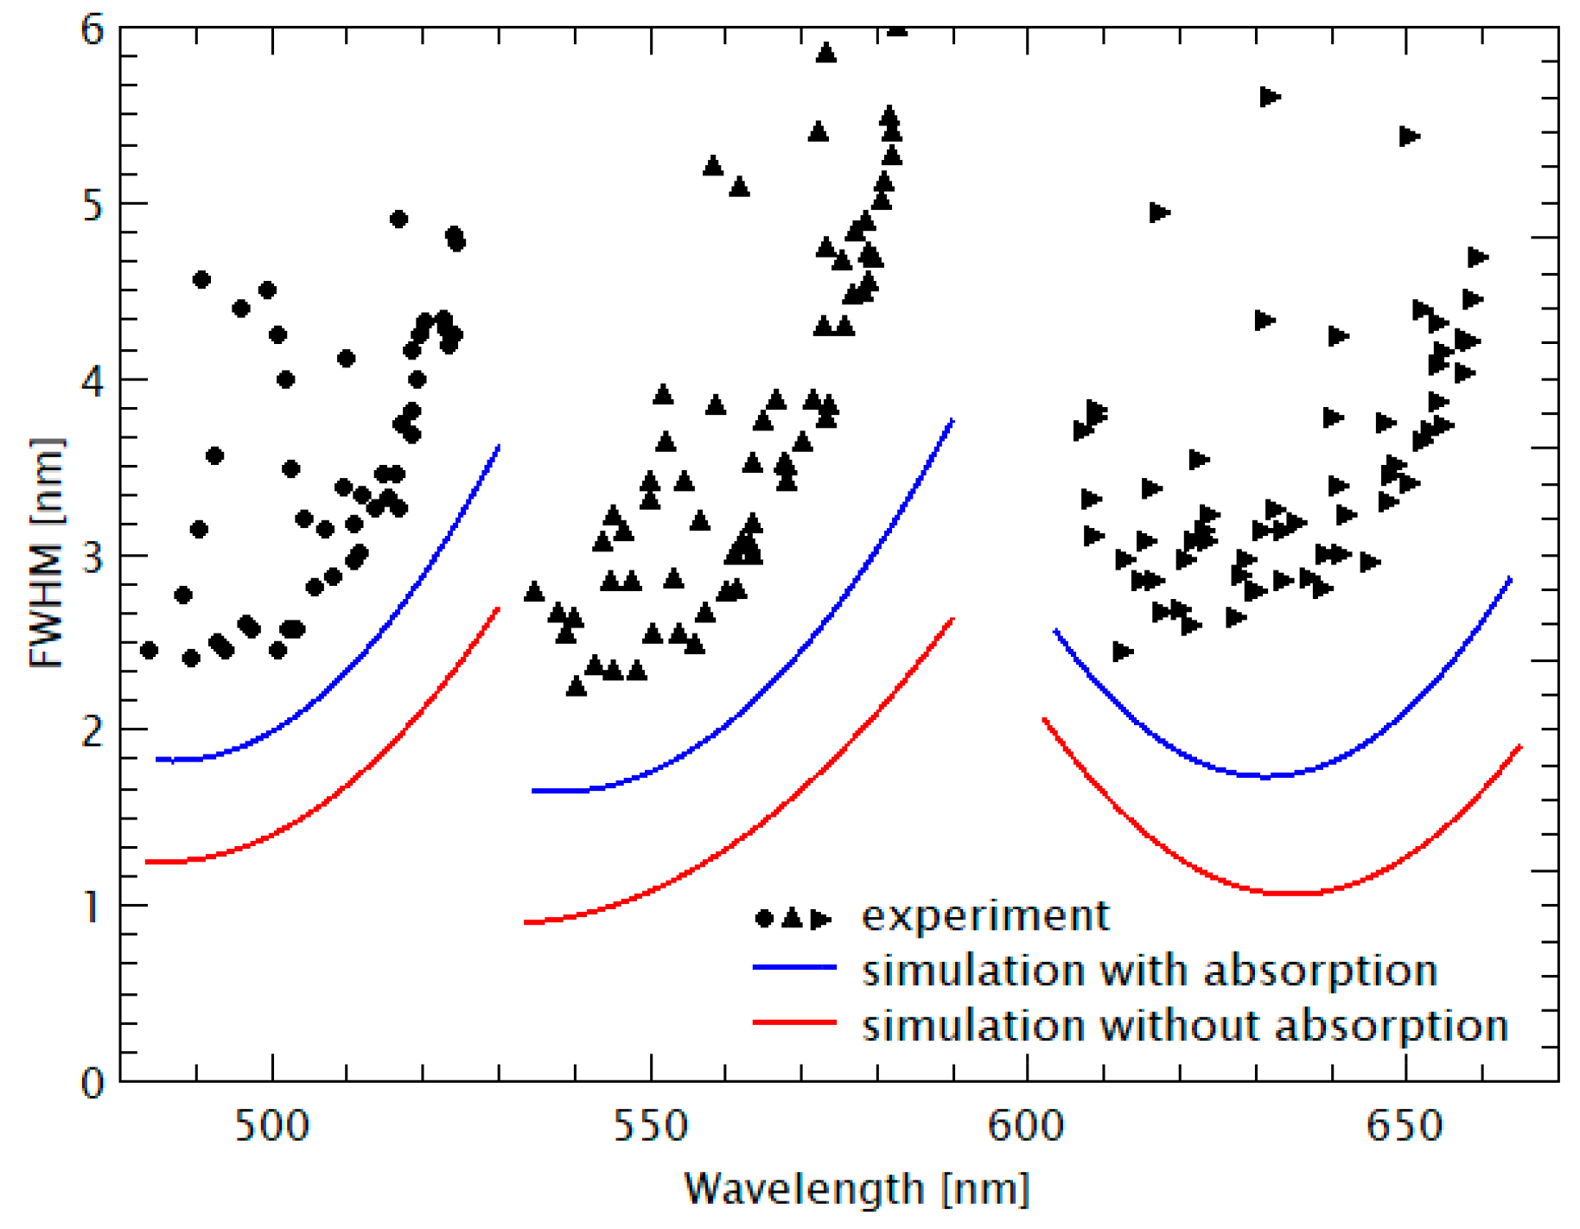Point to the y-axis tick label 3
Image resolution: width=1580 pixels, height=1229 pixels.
pos(92,555)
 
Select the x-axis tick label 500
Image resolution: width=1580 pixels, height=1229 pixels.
pos(271,1126)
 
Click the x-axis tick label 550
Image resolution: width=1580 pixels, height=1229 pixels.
pos(650,1126)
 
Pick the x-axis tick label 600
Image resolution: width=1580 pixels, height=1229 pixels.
pos(1026,1126)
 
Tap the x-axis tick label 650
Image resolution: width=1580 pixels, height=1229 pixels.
pos(1405,1126)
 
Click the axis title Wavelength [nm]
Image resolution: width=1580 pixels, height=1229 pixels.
pos(857,1188)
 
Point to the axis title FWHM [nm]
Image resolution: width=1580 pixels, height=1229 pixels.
pos(47,553)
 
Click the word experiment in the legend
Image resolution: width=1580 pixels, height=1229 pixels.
pos(985,915)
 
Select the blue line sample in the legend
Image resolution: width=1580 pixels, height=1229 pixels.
pos(794,967)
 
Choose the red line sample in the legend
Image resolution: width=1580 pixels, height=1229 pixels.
pos(794,1022)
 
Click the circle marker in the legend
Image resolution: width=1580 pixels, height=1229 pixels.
pos(764,918)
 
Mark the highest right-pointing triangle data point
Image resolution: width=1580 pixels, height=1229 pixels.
pos(1269,97)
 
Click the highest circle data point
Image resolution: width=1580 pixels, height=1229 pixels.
pos(398,219)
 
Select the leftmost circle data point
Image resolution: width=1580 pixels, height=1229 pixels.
pos(149,650)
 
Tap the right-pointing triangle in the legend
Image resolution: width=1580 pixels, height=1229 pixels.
pos(821,918)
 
